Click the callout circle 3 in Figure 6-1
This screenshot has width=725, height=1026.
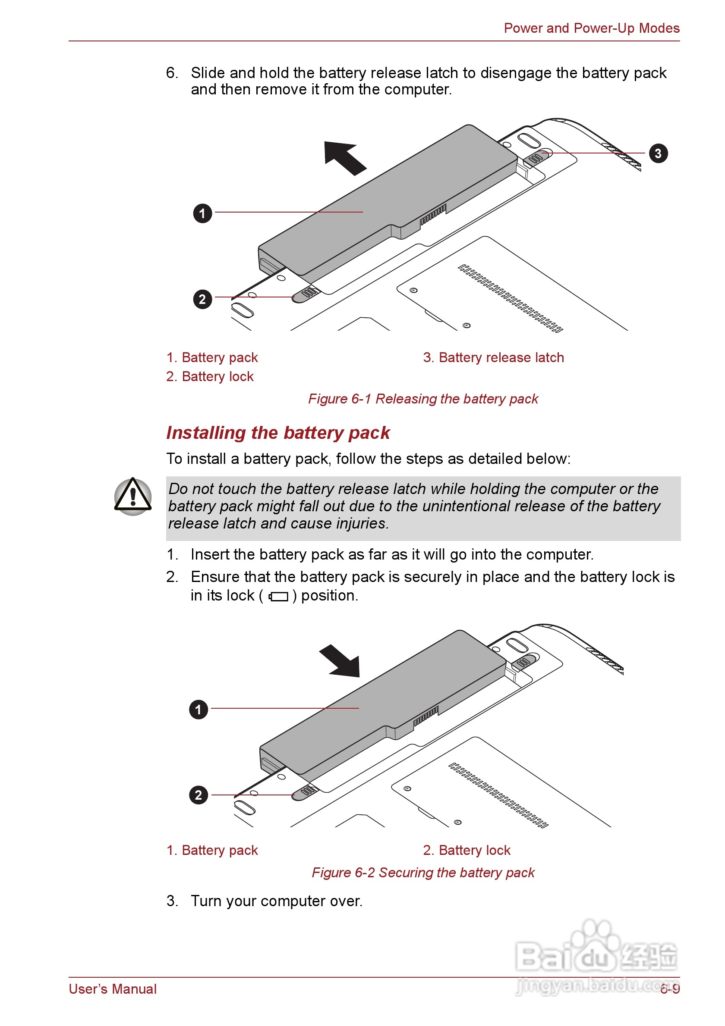658,153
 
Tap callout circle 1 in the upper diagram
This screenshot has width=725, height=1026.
202,213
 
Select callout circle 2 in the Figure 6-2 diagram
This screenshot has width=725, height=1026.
199,795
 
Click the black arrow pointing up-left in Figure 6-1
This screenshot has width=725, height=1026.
344,157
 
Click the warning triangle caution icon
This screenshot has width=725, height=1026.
133,496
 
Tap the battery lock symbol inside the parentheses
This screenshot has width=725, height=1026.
278,596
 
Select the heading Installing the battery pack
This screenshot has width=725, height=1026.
278,432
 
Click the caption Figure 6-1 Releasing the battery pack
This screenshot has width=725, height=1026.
422,399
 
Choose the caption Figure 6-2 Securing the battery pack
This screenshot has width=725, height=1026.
422,872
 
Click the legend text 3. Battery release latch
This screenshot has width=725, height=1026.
493,357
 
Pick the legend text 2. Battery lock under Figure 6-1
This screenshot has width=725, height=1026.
210,377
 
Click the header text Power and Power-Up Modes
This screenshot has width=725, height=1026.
591,28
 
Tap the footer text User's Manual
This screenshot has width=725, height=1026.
113,989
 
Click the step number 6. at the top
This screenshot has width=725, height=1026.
172,73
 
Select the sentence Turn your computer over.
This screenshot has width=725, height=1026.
276,901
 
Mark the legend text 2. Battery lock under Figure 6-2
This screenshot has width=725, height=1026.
467,850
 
